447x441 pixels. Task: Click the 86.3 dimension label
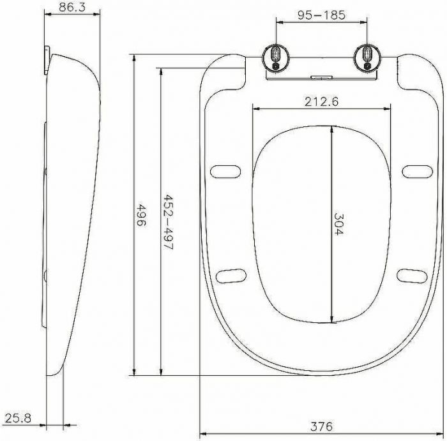click(72, 8)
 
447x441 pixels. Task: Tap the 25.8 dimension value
click(18, 418)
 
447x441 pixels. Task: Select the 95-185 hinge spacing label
click(321, 15)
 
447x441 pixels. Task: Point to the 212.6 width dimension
click(321, 101)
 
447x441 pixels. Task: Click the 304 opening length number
click(338, 224)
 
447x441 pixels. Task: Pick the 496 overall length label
click(141, 214)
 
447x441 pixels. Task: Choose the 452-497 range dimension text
click(169, 222)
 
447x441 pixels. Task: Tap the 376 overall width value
click(321, 426)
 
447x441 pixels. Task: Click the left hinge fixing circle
click(276, 57)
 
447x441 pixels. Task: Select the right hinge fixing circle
click(367, 57)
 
